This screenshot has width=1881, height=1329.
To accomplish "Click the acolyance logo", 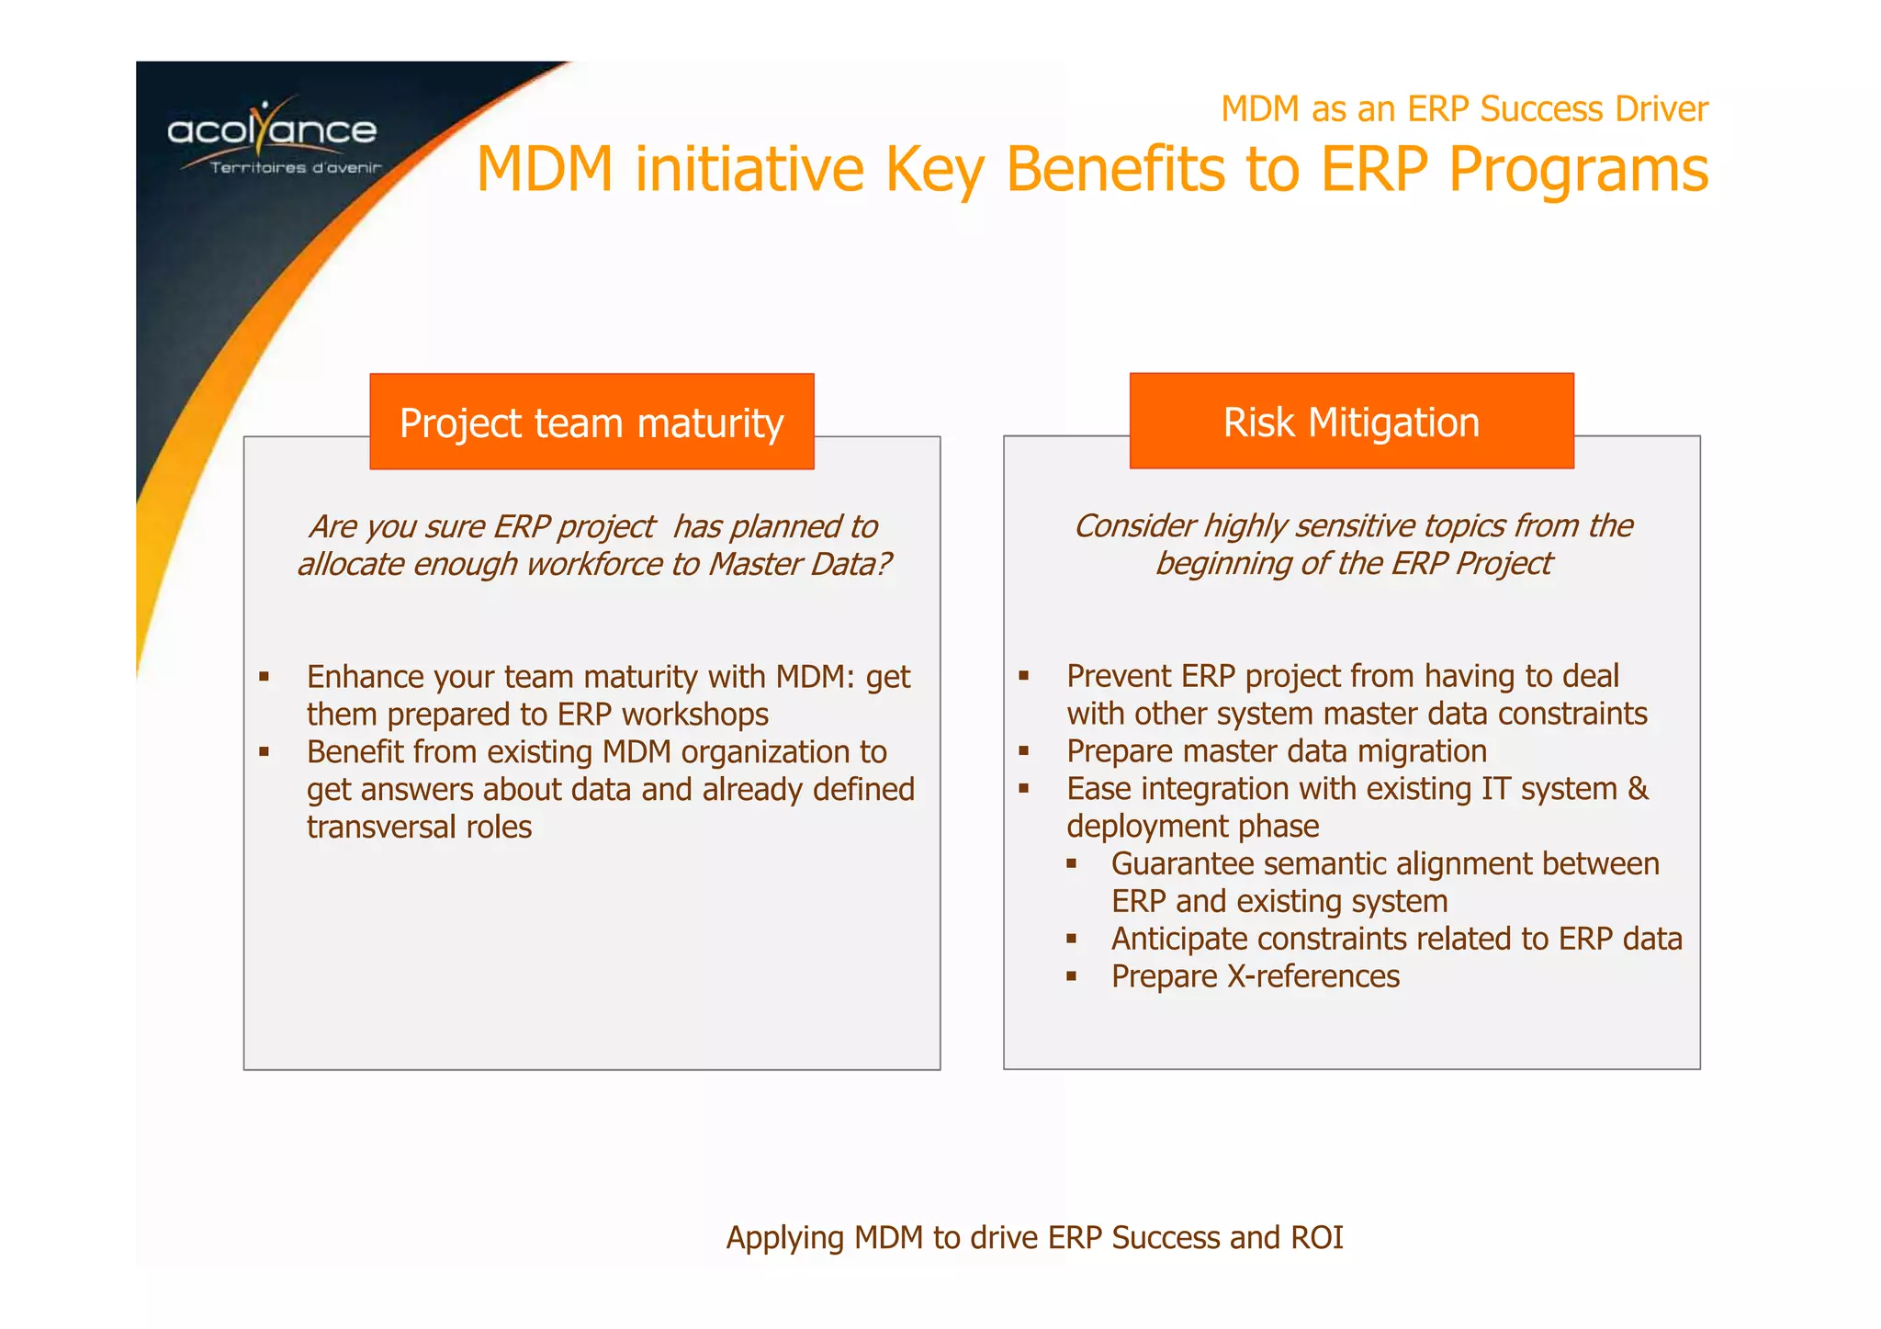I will tap(272, 130).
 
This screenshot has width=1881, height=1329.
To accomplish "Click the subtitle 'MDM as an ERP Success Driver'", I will tap(1464, 108).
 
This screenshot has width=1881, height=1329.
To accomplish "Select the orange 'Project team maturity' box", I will tap(591, 422).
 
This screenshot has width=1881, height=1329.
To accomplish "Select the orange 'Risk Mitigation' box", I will tap(1351, 422).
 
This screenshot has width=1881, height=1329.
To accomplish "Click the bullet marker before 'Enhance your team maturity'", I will tap(264, 677).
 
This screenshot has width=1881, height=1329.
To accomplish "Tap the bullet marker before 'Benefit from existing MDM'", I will tap(264, 752).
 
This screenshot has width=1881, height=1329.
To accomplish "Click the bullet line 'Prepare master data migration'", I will tap(1276, 751).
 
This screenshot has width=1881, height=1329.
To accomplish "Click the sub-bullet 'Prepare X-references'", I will tap(1255, 976).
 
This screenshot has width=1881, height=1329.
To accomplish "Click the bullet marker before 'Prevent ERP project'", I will tap(1023, 676).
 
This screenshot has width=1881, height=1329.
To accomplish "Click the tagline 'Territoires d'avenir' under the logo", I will tap(295, 168).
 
